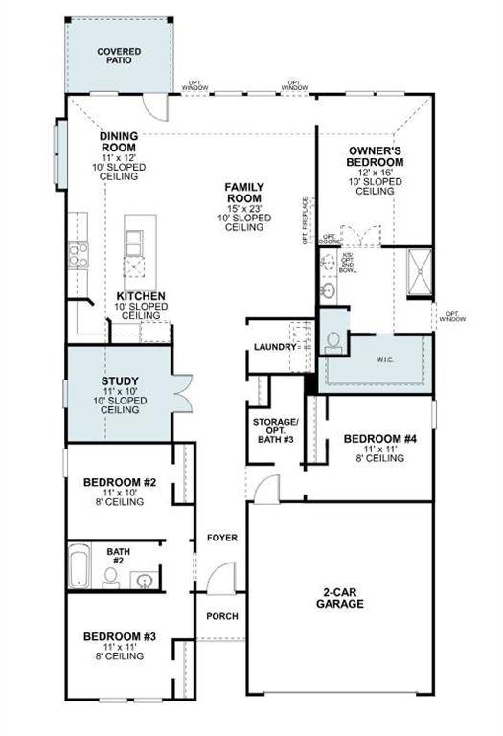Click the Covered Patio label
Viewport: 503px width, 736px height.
120,56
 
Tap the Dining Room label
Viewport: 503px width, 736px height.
120,143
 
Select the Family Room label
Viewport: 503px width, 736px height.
244,193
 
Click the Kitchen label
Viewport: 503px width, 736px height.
142,296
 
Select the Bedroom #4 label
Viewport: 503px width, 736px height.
380,441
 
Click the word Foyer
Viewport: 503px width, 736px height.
222,538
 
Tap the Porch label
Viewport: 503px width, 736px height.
222,616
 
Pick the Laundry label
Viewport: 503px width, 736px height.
272,347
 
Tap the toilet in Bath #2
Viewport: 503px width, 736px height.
111,576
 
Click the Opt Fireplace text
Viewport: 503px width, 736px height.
306,220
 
